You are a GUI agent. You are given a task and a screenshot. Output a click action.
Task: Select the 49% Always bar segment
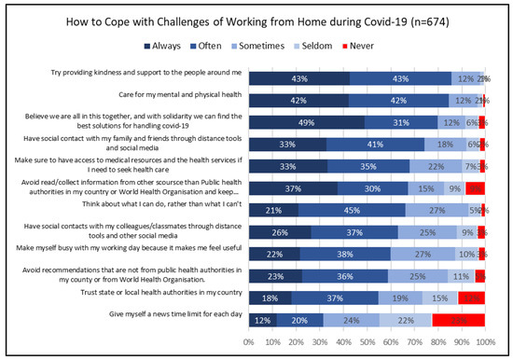pos(306,122)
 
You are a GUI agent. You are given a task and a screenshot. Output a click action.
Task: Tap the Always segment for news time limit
pos(263,320)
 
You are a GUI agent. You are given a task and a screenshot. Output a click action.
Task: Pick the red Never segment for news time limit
pos(458,320)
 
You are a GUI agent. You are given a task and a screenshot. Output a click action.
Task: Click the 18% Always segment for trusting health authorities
pos(270,298)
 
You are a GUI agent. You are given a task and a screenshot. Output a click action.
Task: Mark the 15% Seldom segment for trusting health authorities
pos(440,298)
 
